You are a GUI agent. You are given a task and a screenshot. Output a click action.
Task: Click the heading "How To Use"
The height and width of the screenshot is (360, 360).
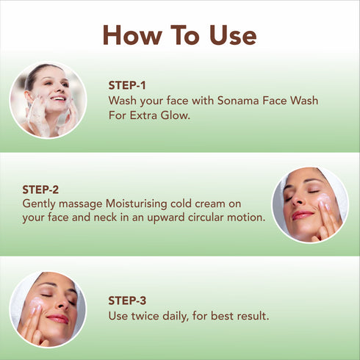pos(179,35)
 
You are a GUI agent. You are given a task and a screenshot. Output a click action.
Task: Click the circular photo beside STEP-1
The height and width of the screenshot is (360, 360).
pos(48,101)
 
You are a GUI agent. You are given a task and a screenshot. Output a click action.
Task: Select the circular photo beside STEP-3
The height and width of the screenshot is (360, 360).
pos(48,309)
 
